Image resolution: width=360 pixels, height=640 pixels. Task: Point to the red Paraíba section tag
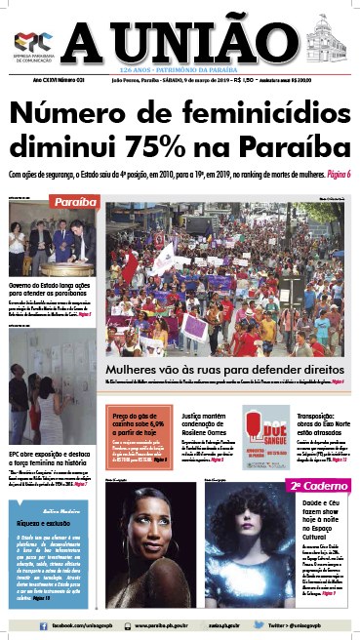coord(75,202)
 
